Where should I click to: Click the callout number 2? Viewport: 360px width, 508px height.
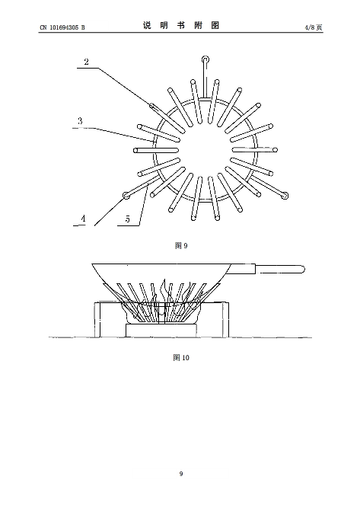(x=86, y=62)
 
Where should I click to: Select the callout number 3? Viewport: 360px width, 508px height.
(x=80, y=121)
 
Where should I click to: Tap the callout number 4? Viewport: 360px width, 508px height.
(x=83, y=219)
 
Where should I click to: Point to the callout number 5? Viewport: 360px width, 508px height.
(x=128, y=219)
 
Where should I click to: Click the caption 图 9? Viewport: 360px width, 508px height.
(x=181, y=245)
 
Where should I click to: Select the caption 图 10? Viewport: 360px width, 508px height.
(x=181, y=357)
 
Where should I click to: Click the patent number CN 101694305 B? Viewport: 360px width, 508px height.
(x=62, y=27)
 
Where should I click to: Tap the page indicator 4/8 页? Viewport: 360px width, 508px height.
(x=313, y=27)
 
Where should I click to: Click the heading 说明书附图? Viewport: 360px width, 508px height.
(x=181, y=25)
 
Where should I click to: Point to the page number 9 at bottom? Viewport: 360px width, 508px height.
(x=181, y=474)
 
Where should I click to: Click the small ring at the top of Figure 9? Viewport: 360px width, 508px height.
(x=205, y=59)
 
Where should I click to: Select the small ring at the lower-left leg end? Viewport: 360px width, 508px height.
(x=126, y=196)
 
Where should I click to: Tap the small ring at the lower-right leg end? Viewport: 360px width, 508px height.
(x=285, y=196)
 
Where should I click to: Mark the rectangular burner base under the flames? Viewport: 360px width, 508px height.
(x=161, y=331)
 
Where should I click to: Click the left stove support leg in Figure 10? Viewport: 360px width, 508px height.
(x=97, y=320)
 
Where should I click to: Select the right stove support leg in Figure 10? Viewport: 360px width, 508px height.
(x=225, y=320)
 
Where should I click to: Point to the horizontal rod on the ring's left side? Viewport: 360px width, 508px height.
(x=156, y=151)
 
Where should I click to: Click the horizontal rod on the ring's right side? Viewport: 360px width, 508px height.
(x=255, y=150)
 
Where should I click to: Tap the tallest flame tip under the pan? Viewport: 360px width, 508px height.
(x=165, y=280)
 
